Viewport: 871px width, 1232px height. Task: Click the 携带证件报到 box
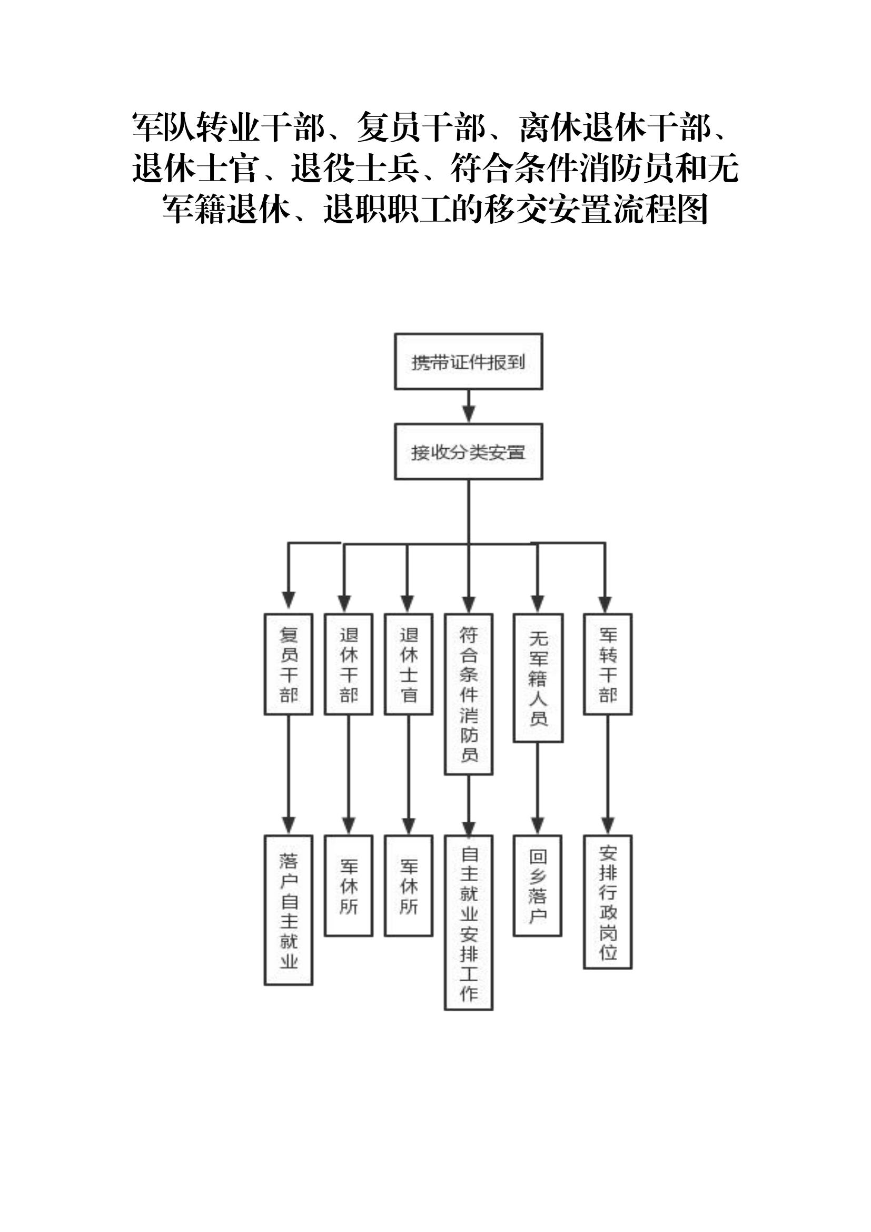coord(468,361)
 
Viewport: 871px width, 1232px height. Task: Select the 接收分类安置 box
coord(468,451)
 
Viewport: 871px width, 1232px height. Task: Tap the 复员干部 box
coord(289,664)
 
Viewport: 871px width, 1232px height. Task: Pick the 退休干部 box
coord(349,664)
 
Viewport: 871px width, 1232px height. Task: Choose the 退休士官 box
coord(409,664)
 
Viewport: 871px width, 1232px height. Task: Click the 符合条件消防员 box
coord(469,694)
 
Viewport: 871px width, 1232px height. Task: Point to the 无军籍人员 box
coord(538,678)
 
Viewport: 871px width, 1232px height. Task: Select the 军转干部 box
coord(608,664)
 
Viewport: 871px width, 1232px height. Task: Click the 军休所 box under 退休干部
coord(349,886)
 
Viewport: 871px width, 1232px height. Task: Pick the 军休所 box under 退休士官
coord(409,886)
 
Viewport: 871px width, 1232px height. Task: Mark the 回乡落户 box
coord(538,886)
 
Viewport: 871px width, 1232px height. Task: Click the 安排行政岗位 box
coord(608,902)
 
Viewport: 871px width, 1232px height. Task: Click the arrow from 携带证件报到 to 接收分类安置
coord(469,406)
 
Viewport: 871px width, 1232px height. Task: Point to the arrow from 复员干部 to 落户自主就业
coord(289,775)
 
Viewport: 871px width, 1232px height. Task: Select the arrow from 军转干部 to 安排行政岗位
coord(608,775)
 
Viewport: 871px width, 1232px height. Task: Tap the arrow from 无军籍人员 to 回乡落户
coord(538,789)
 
